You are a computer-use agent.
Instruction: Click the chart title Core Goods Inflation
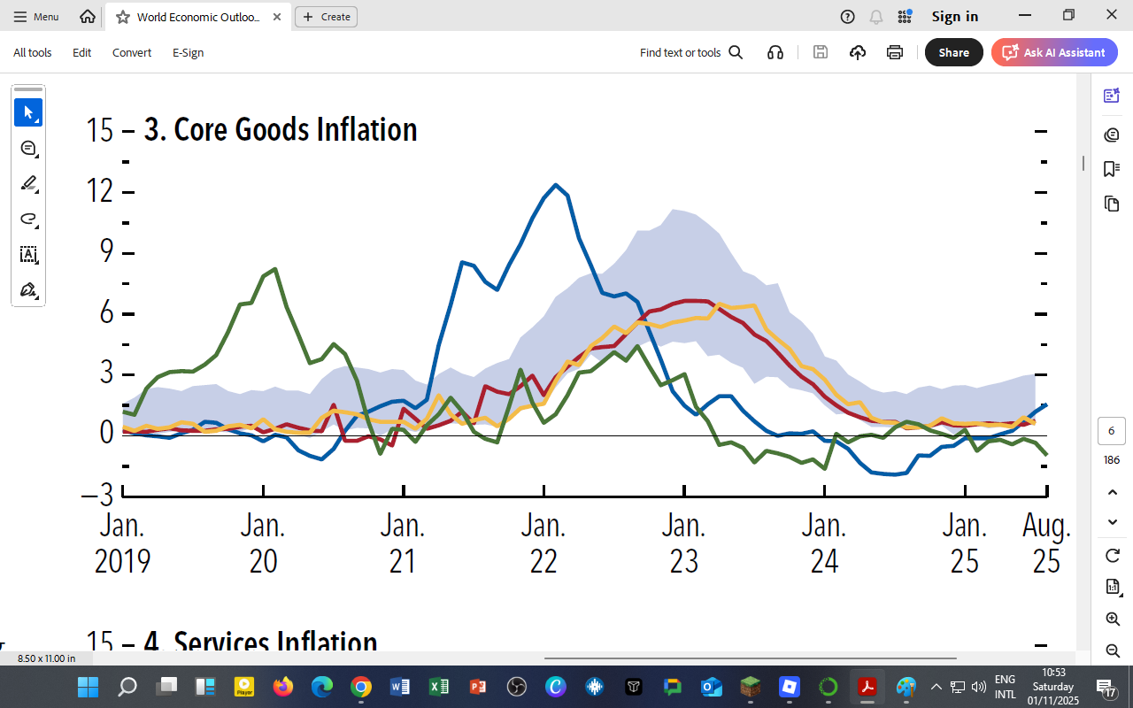(280, 130)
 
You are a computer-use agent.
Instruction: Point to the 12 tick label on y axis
(99, 191)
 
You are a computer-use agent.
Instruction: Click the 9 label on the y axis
(105, 252)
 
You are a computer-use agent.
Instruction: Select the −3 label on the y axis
(97, 494)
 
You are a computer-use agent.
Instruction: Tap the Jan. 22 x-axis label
(543, 543)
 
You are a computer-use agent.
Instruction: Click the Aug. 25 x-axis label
(1046, 543)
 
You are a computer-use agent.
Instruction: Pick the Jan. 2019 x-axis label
(122, 543)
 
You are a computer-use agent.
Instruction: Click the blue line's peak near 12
(555, 185)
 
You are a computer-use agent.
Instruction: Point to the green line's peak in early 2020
(275, 269)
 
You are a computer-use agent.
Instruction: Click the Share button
(953, 52)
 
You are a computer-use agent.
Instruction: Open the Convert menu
(132, 52)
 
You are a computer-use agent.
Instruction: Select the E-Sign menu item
(188, 52)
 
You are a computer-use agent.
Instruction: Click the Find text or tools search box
(690, 52)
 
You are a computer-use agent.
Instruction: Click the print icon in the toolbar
(895, 52)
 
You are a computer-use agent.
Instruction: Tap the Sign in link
(954, 16)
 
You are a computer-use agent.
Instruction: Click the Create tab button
(326, 16)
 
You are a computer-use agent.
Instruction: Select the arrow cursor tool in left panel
(28, 112)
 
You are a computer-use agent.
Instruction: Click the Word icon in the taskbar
(399, 687)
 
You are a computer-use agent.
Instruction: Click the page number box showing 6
(1111, 431)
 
